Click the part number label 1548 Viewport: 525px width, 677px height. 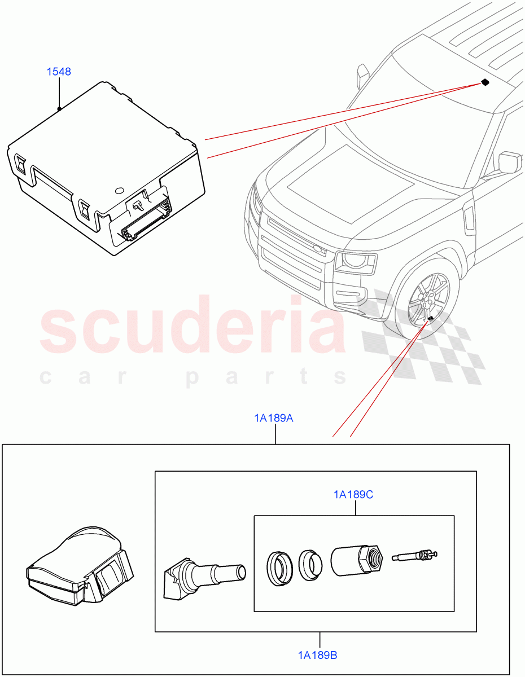point(59,72)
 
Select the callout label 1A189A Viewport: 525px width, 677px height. point(273,418)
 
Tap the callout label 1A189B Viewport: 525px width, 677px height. point(318,655)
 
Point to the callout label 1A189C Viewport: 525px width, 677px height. point(353,495)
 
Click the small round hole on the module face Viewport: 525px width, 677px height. point(119,191)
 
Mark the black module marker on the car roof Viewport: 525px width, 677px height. point(484,82)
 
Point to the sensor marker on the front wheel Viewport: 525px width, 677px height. point(430,319)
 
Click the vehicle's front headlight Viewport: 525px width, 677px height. point(355,261)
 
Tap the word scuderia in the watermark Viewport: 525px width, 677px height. point(192,329)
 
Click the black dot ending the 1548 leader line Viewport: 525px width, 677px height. point(59,108)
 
